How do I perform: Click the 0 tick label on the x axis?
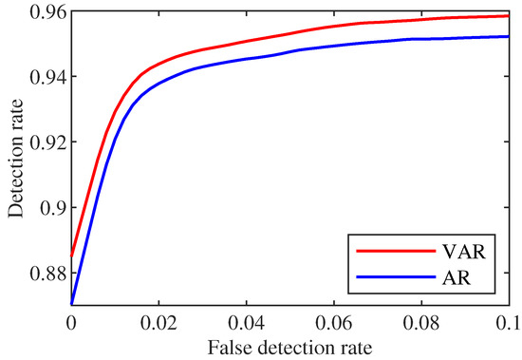click(x=71, y=323)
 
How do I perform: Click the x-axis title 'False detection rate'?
click(x=289, y=346)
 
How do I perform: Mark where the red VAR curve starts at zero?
click(x=71, y=256)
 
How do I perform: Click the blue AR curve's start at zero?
click(x=71, y=305)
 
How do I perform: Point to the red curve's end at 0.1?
click(x=509, y=16)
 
